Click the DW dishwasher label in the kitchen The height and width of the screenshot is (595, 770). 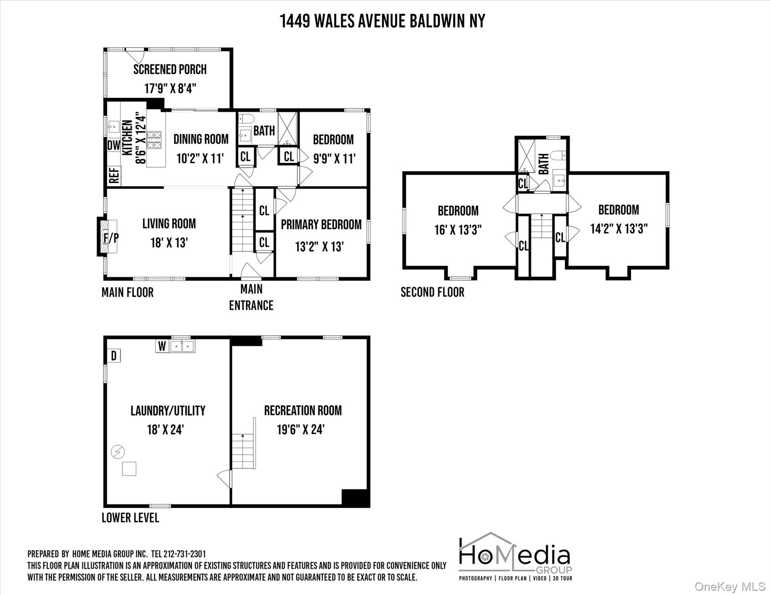[113, 145]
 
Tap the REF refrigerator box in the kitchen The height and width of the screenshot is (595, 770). [114, 175]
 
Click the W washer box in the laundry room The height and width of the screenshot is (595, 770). [162, 346]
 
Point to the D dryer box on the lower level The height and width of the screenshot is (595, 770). [114, 356]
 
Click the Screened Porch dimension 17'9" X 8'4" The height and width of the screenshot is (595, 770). [170, 88]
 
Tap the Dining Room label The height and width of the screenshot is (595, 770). [201, 139]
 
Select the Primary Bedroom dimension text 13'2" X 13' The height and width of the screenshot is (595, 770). [320, 246]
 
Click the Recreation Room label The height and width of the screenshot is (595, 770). [303, 411]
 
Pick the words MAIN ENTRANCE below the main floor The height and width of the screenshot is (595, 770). [251, 297]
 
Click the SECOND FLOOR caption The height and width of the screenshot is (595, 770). [432, 292]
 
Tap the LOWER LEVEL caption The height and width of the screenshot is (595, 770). [130, 518]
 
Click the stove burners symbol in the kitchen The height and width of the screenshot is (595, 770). [154, 140]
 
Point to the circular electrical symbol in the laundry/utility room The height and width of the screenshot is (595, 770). [118, 452]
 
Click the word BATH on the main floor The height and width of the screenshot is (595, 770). [264, 131]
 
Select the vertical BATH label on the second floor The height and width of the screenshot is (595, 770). [543, 164]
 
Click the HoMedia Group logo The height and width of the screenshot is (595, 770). [515, 556]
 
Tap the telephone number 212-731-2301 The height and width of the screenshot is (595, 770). [184, 554]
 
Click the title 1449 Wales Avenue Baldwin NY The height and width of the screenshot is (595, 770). [382, 21]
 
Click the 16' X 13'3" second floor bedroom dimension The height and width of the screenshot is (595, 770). [458, 230]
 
